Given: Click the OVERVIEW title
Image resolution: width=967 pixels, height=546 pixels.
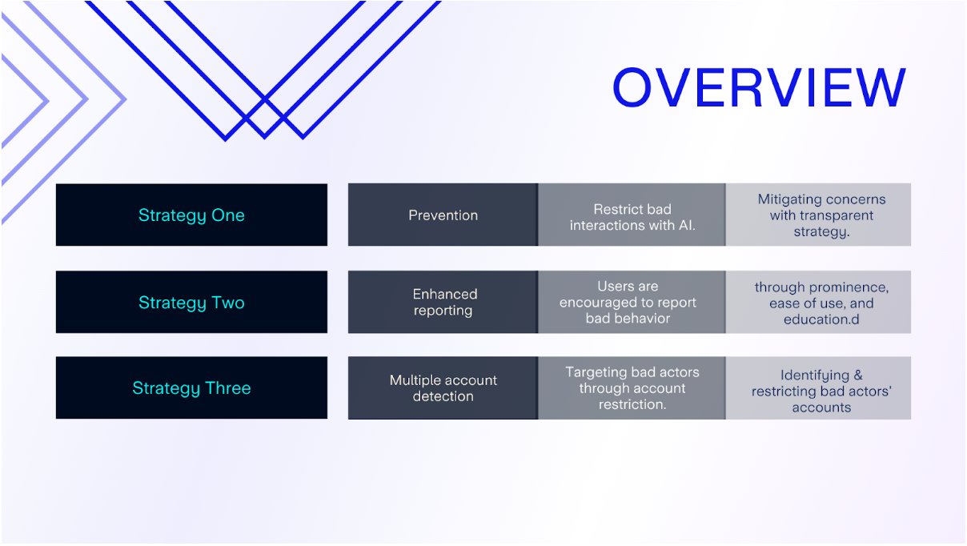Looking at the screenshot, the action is click(759, 87).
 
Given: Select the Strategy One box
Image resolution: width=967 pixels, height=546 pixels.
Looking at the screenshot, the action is click(191, 215).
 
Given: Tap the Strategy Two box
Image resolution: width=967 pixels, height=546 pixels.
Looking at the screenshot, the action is click(191, 302).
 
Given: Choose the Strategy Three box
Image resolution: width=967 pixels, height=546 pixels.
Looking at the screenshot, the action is click(191, 387).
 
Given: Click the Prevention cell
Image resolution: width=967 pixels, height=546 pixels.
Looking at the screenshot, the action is click(443, 215).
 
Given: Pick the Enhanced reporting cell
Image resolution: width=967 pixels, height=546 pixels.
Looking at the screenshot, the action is click(443, 302).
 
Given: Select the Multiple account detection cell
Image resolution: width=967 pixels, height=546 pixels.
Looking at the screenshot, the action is click(443, 388).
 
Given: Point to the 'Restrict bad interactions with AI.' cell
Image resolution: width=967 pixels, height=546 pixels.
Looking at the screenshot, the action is click(632, 215).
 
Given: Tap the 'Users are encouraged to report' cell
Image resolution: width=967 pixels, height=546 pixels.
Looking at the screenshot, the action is click(632, 302).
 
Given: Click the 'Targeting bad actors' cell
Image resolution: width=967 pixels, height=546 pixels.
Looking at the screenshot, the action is click(632, 388).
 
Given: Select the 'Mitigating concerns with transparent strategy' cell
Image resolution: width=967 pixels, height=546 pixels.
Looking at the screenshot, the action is click(818, 215).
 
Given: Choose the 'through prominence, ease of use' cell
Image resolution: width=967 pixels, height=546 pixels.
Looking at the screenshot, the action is click(818, 302).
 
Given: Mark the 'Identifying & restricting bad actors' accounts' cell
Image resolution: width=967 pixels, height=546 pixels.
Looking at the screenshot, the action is click(818, 388).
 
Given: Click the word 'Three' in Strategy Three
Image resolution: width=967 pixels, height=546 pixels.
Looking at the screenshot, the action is click(228, 388).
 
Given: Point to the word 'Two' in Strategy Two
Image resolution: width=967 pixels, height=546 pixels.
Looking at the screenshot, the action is click(228, 303).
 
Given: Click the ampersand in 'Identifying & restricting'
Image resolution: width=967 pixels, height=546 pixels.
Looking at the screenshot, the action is click(858, 375).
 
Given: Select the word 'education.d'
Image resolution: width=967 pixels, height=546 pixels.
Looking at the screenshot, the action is click(821, 319).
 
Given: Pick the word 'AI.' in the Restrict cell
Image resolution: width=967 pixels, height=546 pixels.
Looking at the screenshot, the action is click(686, 225).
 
